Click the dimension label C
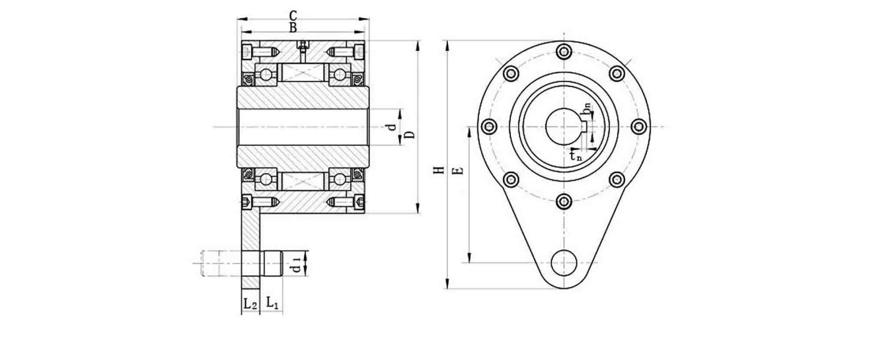[293, 15]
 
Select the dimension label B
[293, 28]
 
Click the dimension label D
[410, 135]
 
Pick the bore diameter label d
[391, 126]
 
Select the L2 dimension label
[249, 305]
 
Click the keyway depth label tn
[576, 157]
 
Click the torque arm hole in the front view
[564, 263]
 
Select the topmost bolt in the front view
[564, 51]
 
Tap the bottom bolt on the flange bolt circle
[564, 201]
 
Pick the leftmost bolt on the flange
[489, 126]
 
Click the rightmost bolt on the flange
[638, 126]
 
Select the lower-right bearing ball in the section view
[340, 179]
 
